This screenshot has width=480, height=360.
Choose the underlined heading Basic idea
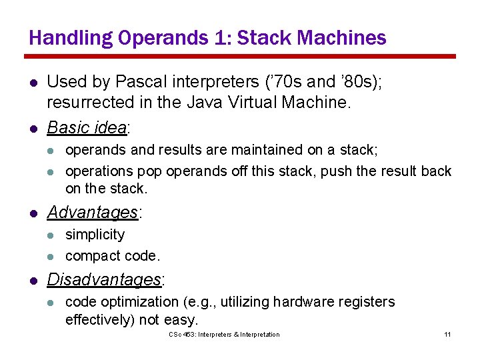(87, 127)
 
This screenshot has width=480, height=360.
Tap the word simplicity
(95, 235)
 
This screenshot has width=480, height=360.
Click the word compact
(90, 256)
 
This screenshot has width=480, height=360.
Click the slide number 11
(447, 334)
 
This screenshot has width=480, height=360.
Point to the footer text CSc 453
(179, 334)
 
